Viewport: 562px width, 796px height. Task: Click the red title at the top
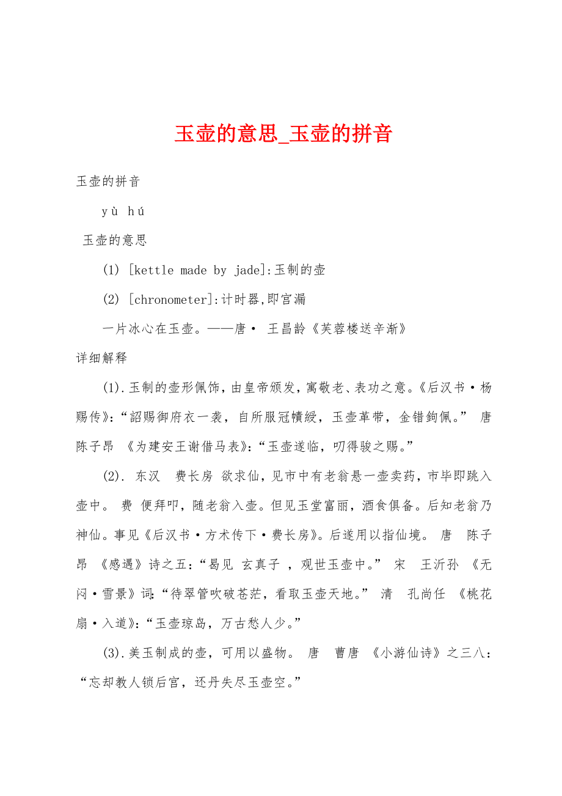[x=283, y=134]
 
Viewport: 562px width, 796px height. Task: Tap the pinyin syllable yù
[x=110, y=212]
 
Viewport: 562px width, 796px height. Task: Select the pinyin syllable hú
[x=136, y=212]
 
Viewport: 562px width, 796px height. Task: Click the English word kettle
[x=153, y=270]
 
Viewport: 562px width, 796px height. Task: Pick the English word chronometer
[x=171, y=300]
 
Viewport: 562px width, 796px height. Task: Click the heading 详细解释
[x=101, y=358]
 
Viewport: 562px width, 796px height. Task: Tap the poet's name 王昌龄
[x=288, y=329]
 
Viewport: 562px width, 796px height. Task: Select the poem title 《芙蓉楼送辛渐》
[x=359, y=329]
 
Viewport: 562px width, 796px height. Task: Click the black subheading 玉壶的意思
[x=115, y=241]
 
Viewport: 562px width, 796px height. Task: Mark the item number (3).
[x=113, y=653]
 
